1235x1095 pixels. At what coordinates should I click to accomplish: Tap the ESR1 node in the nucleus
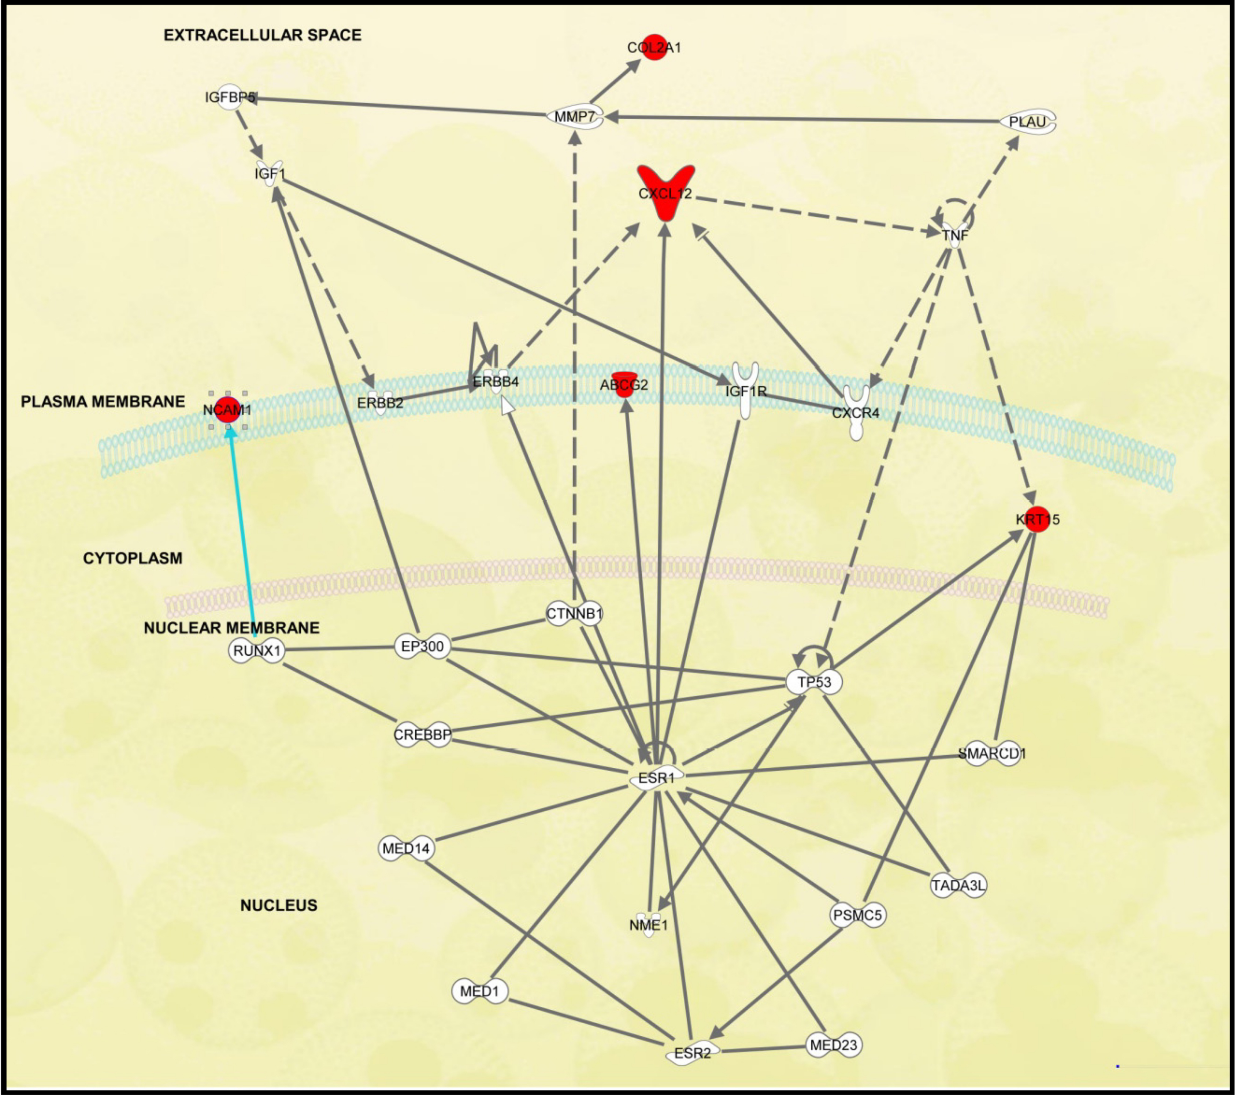coord(657,777)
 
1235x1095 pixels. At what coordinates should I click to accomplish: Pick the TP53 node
coord(814,682)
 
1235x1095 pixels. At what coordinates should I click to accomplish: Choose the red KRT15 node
coord(1037,519)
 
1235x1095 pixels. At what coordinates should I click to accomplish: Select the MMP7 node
coord(575,116)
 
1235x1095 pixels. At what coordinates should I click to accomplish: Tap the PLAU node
coord(1028,122)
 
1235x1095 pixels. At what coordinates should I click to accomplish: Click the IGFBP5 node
coord(230,97)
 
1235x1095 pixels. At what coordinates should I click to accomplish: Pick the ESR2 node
coord(693,1053)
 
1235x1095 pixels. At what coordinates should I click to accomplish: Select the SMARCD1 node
coord(991,753)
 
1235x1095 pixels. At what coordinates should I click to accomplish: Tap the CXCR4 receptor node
coord(856,413)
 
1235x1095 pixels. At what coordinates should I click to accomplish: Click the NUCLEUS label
coord(279,905)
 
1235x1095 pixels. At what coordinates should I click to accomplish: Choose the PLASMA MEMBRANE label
coord(103,402)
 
